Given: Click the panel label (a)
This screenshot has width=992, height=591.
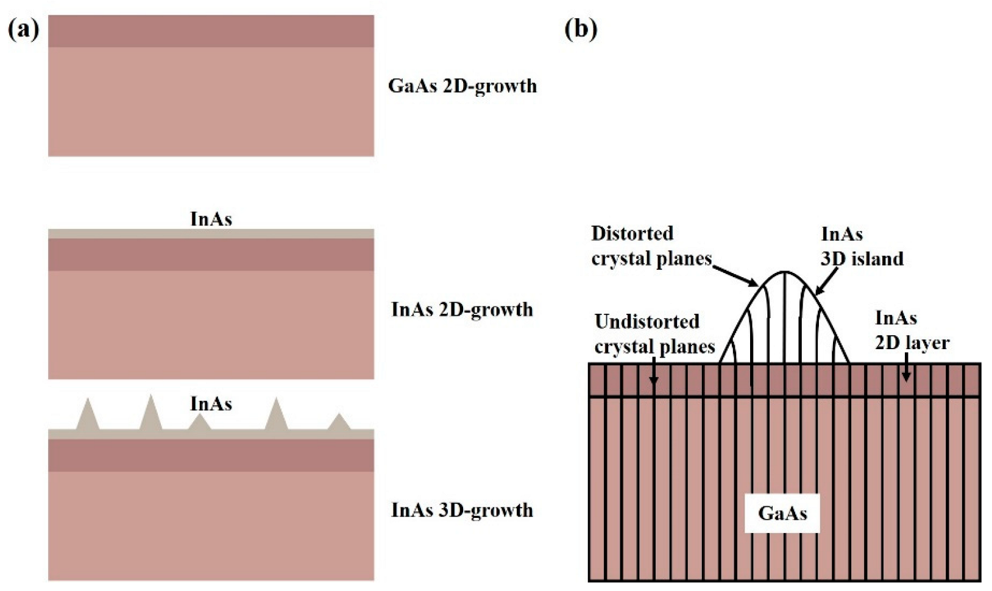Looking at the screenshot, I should (x=24, y=29).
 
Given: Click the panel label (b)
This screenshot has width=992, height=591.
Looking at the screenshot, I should (x=581, y=29).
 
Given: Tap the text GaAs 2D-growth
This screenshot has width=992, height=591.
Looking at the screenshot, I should (x=462, y=86).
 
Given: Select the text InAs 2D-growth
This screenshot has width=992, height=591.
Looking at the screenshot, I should (x=461, y=310).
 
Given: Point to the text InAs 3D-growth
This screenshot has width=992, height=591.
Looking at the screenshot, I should (x=461, y=510).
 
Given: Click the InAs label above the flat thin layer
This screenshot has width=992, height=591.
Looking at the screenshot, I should (x=211, y=219).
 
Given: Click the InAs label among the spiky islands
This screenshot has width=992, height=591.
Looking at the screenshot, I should (x=211, y=403).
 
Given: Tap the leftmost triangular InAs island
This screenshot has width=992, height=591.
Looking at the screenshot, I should (x=88, y=417).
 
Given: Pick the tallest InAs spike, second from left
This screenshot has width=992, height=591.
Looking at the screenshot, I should (x=151, y=414).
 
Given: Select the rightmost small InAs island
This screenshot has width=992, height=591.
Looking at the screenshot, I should (x=339, y=423).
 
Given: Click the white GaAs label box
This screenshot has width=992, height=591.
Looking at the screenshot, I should (x=782, y=513).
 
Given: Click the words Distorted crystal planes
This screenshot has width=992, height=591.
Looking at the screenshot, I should (x=650, y=246).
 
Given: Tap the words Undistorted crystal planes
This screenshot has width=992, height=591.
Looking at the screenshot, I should (x=653, y=334).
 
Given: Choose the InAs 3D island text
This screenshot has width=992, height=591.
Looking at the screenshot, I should (x=860, y=246).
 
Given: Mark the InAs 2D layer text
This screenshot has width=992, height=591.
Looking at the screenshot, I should (x=911, y=330).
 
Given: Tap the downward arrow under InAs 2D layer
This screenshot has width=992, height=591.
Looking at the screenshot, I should (x=906, y=369).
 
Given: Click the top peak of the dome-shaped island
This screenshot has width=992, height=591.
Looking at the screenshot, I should (x=784, y=272).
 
